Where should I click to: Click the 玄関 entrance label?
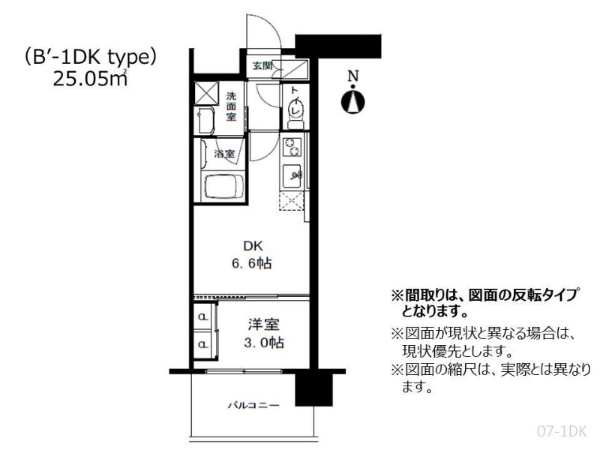coord(262,65)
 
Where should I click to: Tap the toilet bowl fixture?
coord(295,111)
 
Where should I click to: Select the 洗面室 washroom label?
coord(231,106)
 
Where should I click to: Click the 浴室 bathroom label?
coord(224,154)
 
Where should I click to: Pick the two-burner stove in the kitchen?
coord(292,147)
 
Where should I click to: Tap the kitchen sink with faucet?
coord(293,176)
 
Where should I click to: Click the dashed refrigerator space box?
coord(292,201)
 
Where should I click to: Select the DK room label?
coord(253,246)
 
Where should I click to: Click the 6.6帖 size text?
coord(252,264)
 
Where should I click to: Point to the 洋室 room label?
coord(263,325)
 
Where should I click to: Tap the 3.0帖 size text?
coord(264,343)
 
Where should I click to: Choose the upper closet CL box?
coord(203,316)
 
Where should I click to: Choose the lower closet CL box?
coord(203,344)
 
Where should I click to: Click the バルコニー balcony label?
coord(253,405)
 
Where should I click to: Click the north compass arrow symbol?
coord(352,101)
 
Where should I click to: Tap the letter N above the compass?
coord(352,76)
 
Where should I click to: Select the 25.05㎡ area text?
coord(90,79)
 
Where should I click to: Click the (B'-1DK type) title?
coord(90,58)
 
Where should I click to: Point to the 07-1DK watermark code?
coord(562,432)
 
